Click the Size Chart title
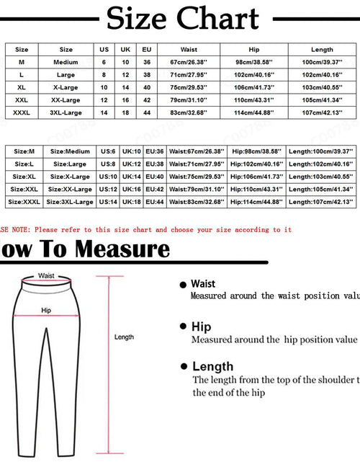[x=182, y=19]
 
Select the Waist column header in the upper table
[x=189, y=50]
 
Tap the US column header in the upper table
[x=104, y=50]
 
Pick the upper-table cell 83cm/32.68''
[x=189, y=112]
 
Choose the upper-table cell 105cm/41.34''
[x=322, y=100]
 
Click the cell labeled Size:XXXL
[x=24, y=203]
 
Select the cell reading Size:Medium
[x=70, y=152]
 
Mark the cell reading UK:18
[x=130, y=203]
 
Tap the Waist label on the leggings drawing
[x=46, y=275]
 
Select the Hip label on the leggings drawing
[x=46, y=310]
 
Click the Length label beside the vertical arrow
[x=125, y=337]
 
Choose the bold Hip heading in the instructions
[x=201, y=326]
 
